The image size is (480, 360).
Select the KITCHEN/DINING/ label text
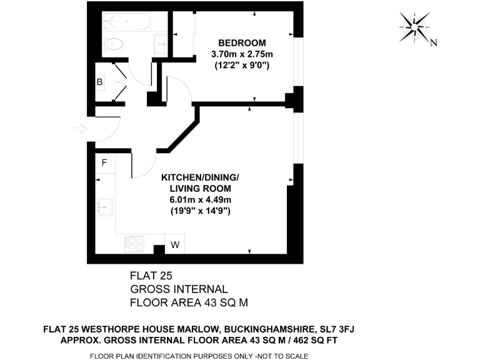(200, 177)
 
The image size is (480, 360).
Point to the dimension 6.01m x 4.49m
(200, 199)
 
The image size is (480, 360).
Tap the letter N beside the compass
(434, 43)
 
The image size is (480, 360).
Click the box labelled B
(99, 82)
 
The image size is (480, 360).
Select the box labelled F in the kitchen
(105, 163)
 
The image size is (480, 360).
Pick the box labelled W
(175, 245)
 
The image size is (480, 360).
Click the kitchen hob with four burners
(134, 242)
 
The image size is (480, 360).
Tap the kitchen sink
(104, 206)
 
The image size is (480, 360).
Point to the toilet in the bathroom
(112, 44)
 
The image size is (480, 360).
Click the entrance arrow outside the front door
(80, 129)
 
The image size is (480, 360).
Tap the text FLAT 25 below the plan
(150, 276)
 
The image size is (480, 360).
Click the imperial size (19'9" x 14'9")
(200, 211)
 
